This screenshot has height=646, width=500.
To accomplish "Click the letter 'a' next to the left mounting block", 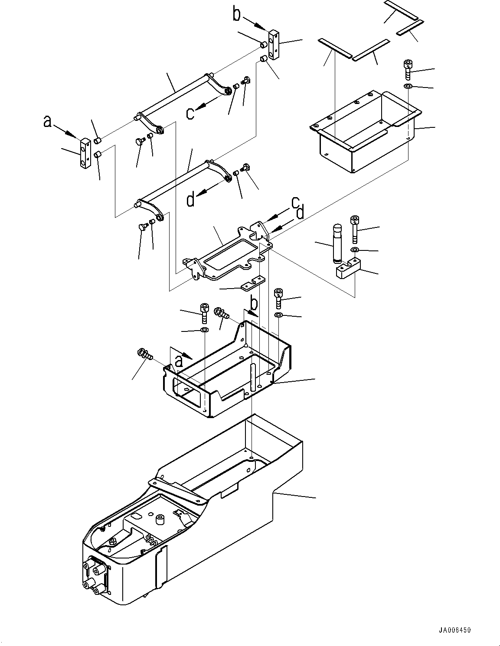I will [48, 122].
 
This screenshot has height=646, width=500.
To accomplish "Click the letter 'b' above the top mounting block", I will [237, 14].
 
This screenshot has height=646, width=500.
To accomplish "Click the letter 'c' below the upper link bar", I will [190, 113].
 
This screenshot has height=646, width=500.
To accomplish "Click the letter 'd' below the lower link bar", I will [191, 200].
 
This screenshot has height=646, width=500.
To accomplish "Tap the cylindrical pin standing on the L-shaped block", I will [337, 242].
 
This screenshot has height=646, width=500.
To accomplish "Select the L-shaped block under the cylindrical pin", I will [349, 269].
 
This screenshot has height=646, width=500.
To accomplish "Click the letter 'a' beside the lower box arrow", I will [179, 360].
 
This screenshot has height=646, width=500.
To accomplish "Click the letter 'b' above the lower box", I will [254, 302].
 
